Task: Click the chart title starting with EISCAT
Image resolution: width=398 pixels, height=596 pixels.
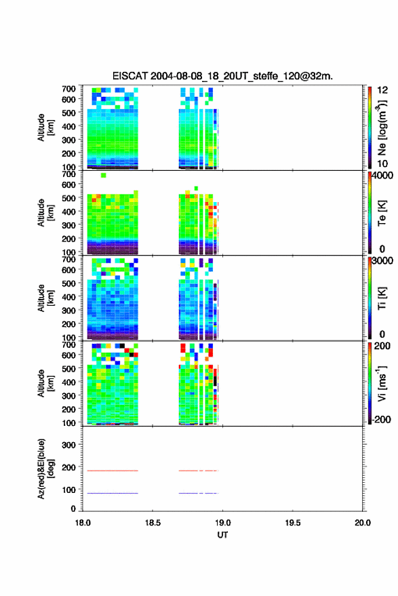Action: click(x=222, y=76)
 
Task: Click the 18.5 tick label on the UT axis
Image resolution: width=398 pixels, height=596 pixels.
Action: click(x=153, y=523)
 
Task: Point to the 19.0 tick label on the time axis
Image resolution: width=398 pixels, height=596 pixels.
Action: click(x=222, y=523)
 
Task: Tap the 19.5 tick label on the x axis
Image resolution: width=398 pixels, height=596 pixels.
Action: click(x=293, y=523)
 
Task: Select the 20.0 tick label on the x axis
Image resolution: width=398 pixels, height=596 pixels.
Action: click(x=363, y=523)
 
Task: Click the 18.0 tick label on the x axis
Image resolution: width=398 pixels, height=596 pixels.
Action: click(x=83, y=523)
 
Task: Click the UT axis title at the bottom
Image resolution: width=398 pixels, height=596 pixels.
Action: click(x=222, y=535)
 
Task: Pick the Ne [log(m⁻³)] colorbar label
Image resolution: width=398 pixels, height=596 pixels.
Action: click(x=382, y=127)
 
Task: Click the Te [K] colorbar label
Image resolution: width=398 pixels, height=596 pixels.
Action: click(x=382, y=213)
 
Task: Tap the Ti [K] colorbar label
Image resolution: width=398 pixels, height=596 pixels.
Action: click(x=382, y=298)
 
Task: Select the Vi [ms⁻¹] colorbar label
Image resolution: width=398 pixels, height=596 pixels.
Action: click(x=382, y=384)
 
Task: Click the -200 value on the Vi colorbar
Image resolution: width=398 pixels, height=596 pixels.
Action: click(x=381, y=419)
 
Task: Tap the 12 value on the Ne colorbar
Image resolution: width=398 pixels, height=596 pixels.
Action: click(x=383, y=90)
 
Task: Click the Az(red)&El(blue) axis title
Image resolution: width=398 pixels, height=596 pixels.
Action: click(x=45, y=469)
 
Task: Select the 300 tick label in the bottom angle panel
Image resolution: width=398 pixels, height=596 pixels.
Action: click(x=68, y=445)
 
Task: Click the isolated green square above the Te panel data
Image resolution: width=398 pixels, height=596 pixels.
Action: click(x=103, y=175)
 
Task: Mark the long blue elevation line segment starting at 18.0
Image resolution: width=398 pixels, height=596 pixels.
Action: click(x=113, y=493)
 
